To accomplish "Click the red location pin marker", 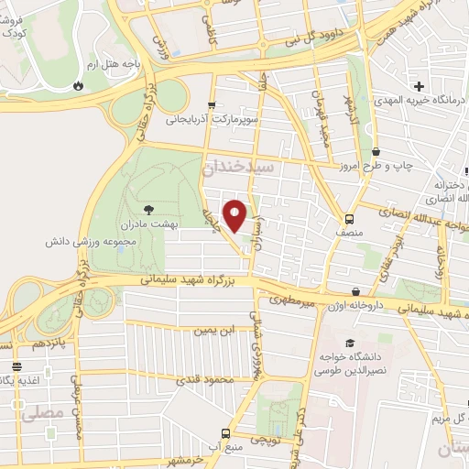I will click(x=235, y=216).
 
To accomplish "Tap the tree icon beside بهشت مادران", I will click(x=150, y=210).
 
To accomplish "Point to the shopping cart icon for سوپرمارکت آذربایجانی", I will click(x=213, y=105).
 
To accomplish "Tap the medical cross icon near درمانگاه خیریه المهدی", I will click(x=419, y=86).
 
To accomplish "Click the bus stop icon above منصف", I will click(x=350, y=220).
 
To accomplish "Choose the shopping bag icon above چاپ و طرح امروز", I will click(x=376, y=153).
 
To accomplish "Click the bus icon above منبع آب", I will click(x=225, y=433).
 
